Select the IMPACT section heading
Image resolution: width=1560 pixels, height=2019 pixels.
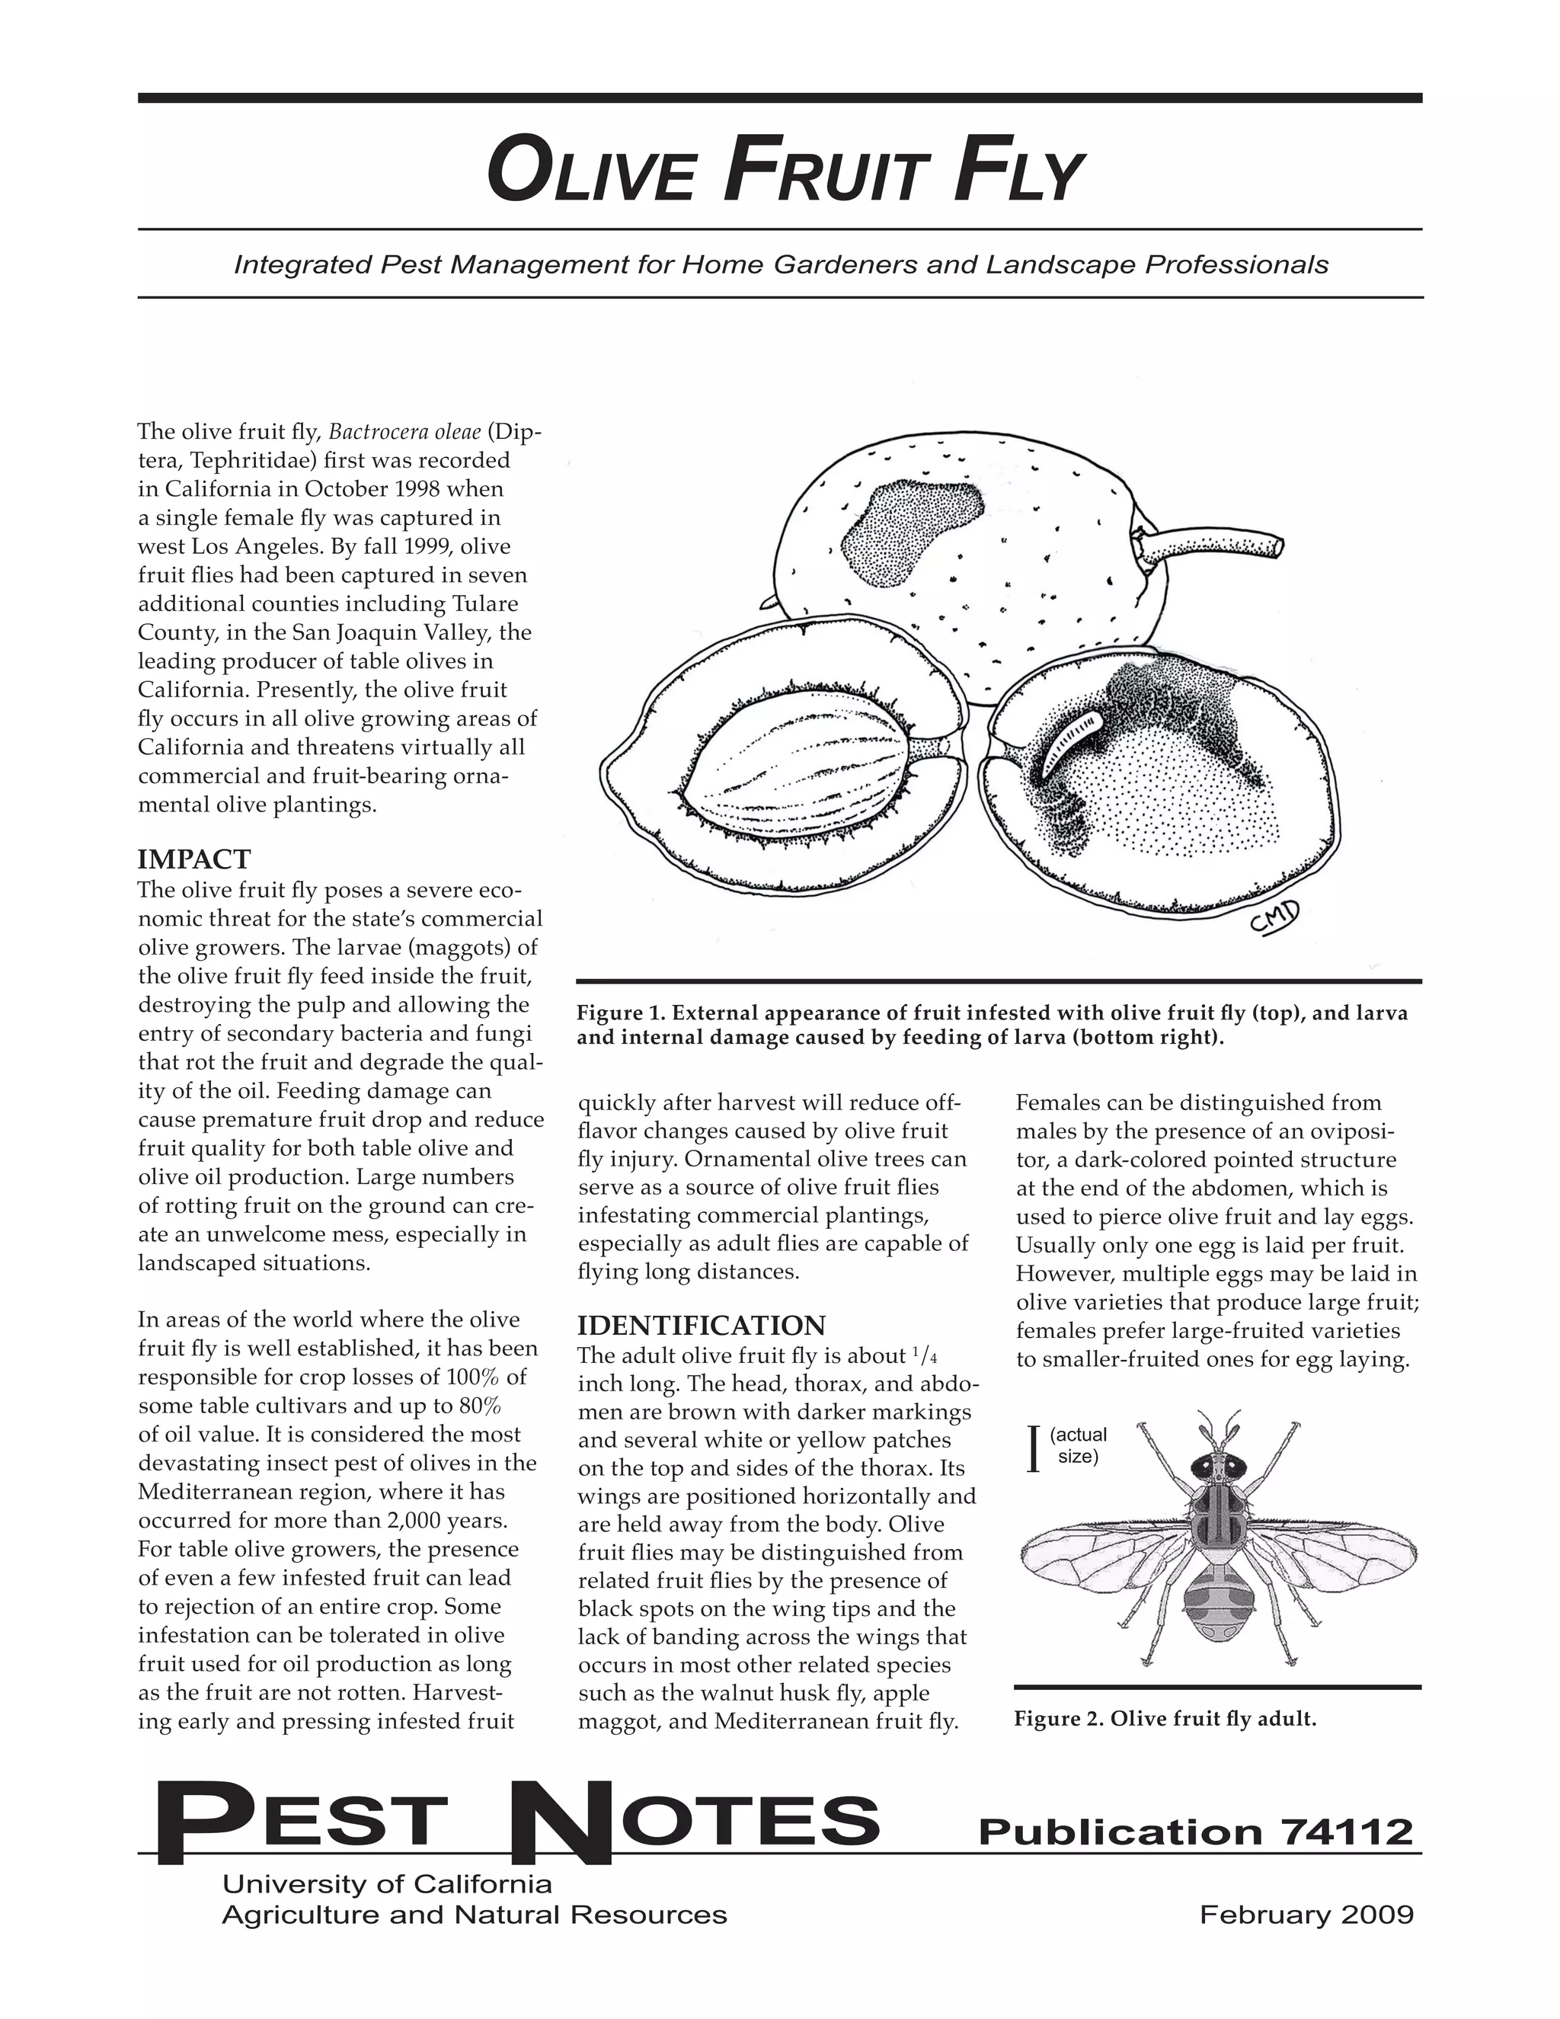click(x=193, y=859)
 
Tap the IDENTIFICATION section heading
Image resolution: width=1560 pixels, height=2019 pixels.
click(x=701, y=1326)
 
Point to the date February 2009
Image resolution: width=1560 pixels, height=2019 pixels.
click(x=1306, y=1914)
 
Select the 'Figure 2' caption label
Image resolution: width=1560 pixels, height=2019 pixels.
click(x=1057, y=1719)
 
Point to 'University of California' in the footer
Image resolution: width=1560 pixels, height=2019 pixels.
click(x=386, y=1883)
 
